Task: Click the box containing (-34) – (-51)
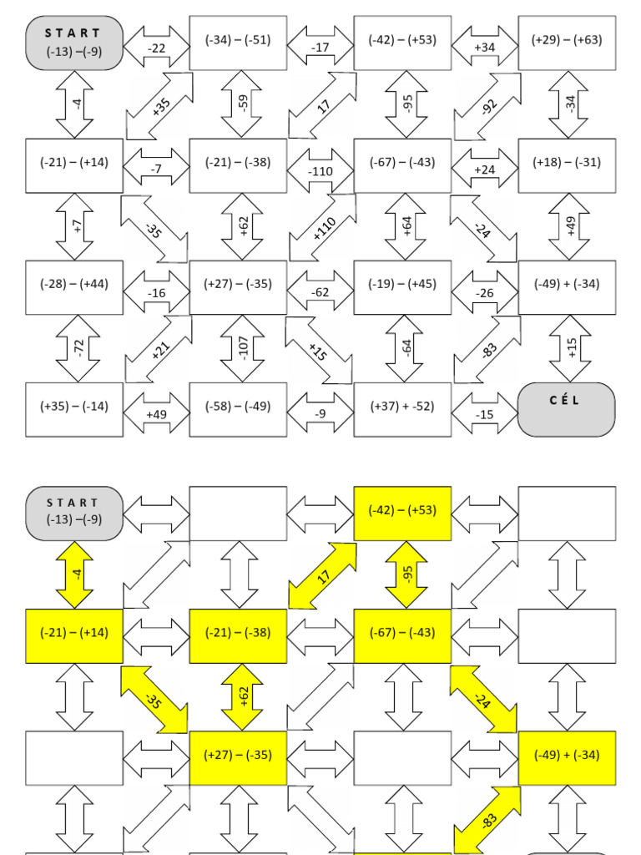tap(238, 40)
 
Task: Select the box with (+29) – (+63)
tap(567, 40)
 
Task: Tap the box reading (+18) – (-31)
tap(567, 163)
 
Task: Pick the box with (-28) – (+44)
tap(74, 285)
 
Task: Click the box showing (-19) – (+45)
tap(402, 285)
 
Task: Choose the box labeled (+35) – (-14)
tap(74, 407)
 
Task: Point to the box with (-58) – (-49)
tap(238, 407)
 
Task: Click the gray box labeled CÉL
tap(566, 408)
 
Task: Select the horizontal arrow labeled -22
tap(157, 48)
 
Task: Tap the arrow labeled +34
tap(485, 48)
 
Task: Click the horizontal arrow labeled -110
tap(320, 170)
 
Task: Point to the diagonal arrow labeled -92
tap(487, 106)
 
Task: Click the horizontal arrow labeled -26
tap(485, 293)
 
